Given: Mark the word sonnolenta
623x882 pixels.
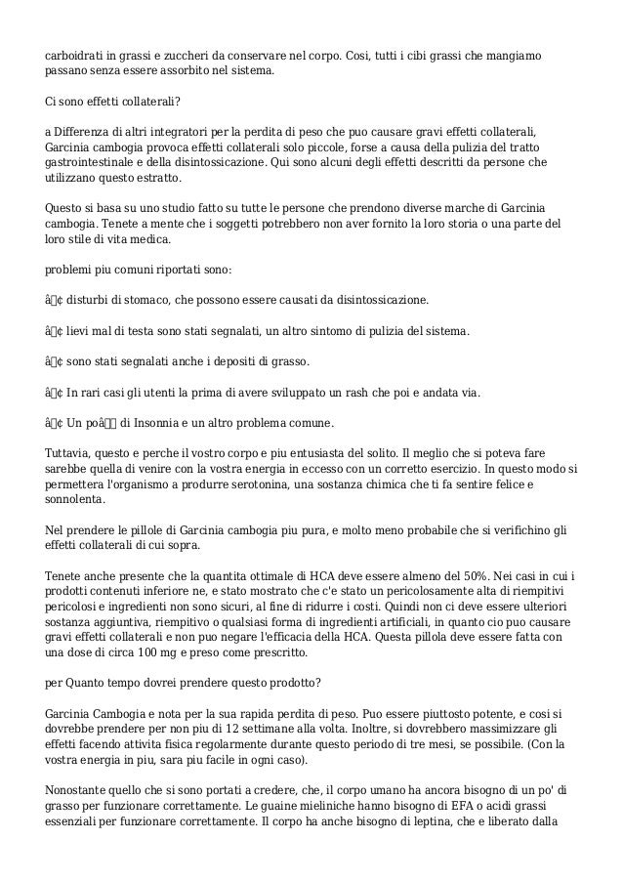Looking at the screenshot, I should pyautogui.click(x=76, y=500).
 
